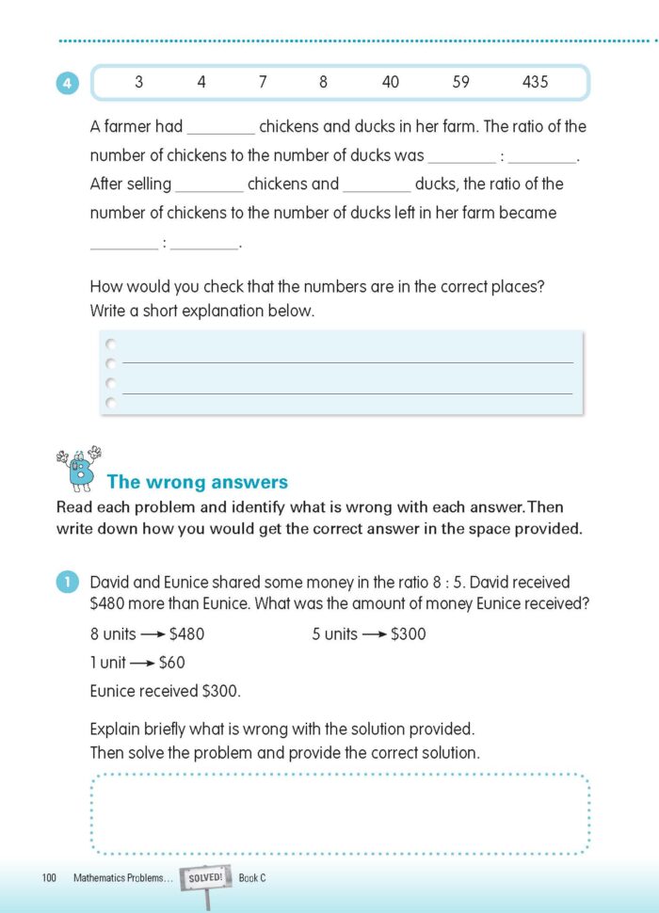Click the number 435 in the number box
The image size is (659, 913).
(x=535, y=82)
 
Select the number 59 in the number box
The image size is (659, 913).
(x=460, y=82)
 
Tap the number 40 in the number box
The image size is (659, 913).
(x=390, y=82)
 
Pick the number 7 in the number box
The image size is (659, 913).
(x=263, y=82)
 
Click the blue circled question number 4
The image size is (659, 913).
(x=67, y=84)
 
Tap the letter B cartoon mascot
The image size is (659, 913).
(x=80, y=469)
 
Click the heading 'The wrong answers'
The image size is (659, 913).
(x=198, y=482)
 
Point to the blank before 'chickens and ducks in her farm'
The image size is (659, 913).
(x=220, y=129)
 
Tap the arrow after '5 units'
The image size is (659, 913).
(x=376, y=634)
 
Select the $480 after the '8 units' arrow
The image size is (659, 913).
(x=186, y=634)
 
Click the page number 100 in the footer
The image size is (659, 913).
(x=50, y=878)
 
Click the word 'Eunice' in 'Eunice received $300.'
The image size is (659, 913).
(x=114, y=691)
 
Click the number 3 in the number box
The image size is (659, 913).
(x=138, y=82)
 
